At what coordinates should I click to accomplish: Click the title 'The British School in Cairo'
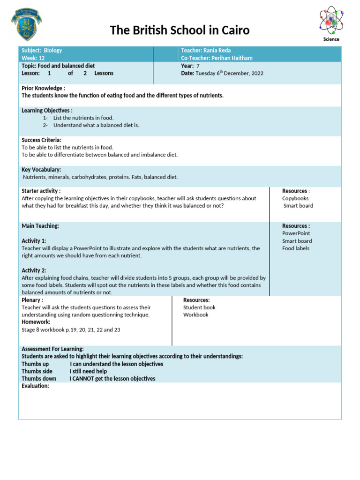[x=180, y=30]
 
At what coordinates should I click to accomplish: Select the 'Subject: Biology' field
[x=42, y=50]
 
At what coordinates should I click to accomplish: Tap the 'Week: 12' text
[x=33, y=58]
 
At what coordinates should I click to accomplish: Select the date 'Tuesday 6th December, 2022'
[x=229, y=74]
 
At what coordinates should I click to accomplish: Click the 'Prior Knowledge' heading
[x=43, y=88]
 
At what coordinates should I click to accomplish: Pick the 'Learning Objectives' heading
[x=47, y=110]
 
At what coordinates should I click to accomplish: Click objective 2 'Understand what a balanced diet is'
[x=96, y=125]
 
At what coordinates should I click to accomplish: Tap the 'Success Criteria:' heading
[x=41, y=140]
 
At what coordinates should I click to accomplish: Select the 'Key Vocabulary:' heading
[x=41, y=169]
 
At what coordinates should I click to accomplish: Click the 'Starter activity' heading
[x=41, y=191]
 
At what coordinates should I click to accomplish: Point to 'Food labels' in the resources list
[x=296, y=248]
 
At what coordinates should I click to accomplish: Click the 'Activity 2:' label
[x=34, y=270]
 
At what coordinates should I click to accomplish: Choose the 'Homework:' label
[x=36, y=322]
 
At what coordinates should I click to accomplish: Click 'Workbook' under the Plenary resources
[x=195, y=315]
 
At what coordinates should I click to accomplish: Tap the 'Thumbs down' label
[x=39, y=379]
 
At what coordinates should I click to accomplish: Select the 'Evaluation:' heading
[x=35, y=386]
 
